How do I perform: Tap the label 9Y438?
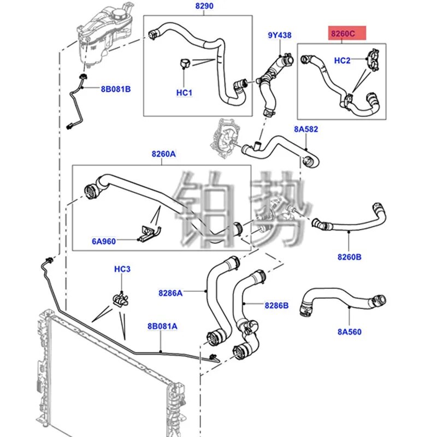[x=279, y=36]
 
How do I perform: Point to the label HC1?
[x=184, y=93]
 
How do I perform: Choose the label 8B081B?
[x=115, y=88]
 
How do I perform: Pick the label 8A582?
[x=306, y=129]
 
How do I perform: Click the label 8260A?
[x=164, y=155]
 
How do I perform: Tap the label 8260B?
[x=350, y=255]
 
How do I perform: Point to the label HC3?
[x=122, y=269]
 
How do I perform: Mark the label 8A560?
[x=350, y=331]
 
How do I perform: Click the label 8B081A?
[x=162, y=326]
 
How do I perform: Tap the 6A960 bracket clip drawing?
[x=147, y=232]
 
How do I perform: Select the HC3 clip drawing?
[x=120, y=298]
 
